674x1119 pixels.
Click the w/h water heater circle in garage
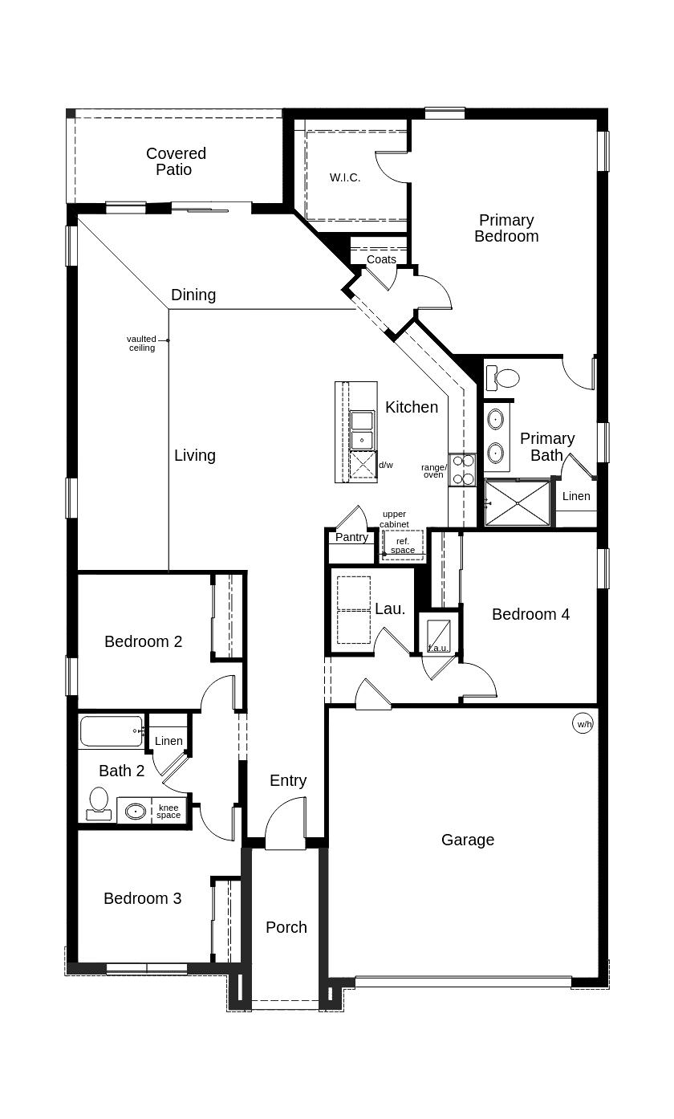pos(583,724)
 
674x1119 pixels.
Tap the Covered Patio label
pos(176,161)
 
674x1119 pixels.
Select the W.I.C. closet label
pos(345,177)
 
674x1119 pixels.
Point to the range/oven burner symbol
pos(462,470)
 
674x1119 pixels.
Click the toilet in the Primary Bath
pos(503,377)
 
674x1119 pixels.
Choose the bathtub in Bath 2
pos(112,731)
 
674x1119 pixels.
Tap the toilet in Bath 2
pos(99,803)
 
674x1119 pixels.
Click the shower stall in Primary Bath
pos(518,503)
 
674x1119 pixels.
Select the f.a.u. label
pos(438,648)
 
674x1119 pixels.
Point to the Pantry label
pos(351,538)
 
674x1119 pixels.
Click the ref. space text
pos(403,546)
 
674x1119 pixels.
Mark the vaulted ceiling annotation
pos(141,344)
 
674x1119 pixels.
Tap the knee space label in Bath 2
pos(168,811)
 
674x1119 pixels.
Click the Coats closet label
pos(381,259)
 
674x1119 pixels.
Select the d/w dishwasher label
pos(386,465)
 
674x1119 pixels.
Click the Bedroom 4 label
pos(530,614)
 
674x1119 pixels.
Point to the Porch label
pos(286,927)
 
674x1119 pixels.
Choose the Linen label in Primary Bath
pos(576,496)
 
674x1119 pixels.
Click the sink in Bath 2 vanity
pos(136,812)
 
